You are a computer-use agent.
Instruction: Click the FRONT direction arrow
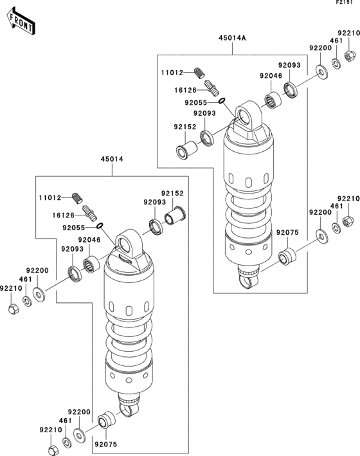click(x=21, y=22)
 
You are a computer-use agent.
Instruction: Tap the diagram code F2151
click(x=344, y=3)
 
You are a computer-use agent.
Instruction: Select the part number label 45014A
click(x=232, y=38)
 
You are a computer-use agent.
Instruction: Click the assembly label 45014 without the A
click(x=112, y=159)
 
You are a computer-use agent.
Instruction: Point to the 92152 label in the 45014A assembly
click(x=185, y=127)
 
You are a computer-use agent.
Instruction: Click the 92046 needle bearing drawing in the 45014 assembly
click(x=91, y=264)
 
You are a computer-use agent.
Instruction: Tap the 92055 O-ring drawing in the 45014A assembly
click(x=222, y=100)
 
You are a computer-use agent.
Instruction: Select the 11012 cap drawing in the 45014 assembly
click(x=77, y=198)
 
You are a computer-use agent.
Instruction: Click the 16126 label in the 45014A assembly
click(x=186, y=90)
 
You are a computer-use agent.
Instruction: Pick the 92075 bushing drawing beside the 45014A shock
click(x=287, y=256)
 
